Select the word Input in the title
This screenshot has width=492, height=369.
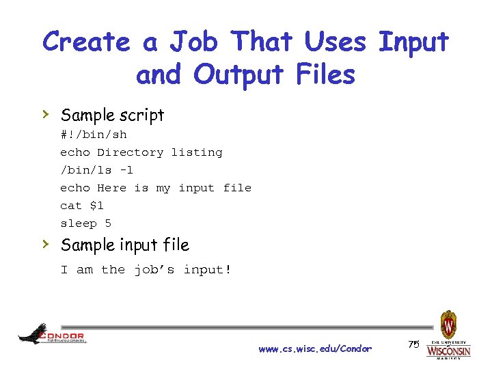coord(413,42)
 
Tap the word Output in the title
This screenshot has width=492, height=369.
coord(237,74)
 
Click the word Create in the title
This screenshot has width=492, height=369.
coord(86,42)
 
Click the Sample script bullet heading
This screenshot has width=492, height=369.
coord(112,115)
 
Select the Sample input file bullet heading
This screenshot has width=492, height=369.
coord(124,245)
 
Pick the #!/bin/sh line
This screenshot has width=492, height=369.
coord(93,135)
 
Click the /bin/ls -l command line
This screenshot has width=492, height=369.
coord(96,170)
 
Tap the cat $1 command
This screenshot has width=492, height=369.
coord(82,206)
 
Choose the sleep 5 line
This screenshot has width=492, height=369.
coord(85,223)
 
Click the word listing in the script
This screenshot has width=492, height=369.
coord(197,152)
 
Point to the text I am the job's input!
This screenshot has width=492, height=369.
coord(146,270)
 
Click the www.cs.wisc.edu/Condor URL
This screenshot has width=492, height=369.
coord(315,349)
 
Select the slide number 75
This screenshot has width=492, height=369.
coord(413,344)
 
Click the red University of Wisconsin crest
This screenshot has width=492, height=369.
coord(448,325)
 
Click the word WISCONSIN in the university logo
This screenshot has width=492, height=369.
coord(448,351)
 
